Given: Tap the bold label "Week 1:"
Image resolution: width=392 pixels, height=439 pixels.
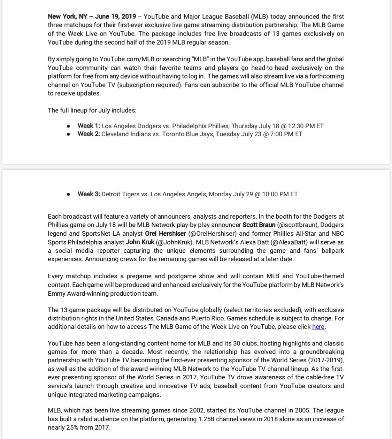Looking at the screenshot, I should (89, 126).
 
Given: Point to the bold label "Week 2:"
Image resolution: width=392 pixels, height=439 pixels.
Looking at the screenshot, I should (89, 134).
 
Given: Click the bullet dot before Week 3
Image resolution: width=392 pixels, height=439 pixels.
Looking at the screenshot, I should (69, 194).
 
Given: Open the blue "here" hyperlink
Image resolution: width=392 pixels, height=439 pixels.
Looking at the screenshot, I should (318, 327).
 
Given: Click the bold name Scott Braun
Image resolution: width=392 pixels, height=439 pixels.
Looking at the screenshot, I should (259, 225).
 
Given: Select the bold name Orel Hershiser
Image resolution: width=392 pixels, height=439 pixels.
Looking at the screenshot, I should (166, 234).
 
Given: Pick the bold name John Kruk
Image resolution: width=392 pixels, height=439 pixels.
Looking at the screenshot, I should (140, 242).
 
